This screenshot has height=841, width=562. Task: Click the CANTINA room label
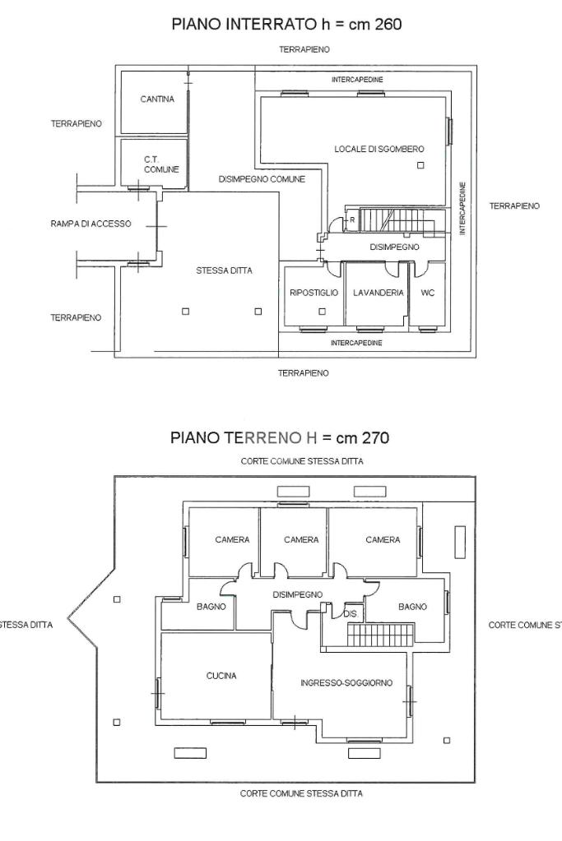(157, 99)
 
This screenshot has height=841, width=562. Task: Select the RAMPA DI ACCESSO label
(91, 224)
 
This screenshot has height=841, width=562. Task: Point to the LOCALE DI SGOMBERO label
(379, 149)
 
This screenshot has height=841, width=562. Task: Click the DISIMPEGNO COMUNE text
(262, 179)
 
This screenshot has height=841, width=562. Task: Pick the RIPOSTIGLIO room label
(314, 293)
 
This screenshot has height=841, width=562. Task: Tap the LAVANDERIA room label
(379, 293)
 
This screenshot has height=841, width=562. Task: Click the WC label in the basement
(428, 293)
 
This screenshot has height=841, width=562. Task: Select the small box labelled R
(352, 219)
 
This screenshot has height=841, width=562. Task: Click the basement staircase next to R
(397, 221)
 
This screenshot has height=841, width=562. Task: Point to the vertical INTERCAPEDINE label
(462, 208)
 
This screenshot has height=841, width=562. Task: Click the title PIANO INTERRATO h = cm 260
(286, 24)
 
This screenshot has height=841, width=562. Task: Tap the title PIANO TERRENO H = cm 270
(280, 437)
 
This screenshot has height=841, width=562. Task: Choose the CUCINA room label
(221, 676)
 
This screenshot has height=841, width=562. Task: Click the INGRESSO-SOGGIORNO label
(346, 683)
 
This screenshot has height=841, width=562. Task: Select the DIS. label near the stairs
(351, 614)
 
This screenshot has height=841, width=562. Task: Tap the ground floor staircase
(381, 635)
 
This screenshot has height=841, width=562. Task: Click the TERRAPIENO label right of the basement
(514, 206)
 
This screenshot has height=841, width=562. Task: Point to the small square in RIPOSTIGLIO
(322, 311)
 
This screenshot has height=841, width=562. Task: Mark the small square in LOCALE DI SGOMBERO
(420, 165)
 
